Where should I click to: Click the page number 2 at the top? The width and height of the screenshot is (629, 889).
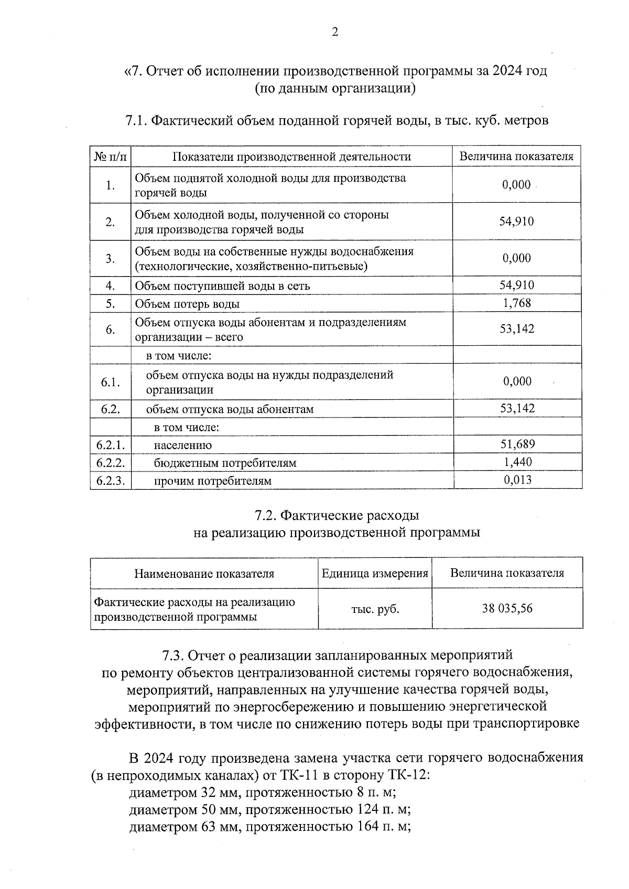click(334, 32)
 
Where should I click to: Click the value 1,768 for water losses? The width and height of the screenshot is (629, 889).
click(517, 303)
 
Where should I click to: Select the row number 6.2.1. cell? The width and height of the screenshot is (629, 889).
click(110, 445)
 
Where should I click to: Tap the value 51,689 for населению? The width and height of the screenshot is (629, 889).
click(517, 445)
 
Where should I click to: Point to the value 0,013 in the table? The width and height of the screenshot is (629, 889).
click(517, 480)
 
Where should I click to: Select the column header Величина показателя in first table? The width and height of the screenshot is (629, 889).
click(516, 156)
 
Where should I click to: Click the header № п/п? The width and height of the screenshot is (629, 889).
click(110, 156)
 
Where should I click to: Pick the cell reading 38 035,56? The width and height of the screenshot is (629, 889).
click(507, 608)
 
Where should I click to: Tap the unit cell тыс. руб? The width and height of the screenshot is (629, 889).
click(375, 609)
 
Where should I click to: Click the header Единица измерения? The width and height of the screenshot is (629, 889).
click(375, 573)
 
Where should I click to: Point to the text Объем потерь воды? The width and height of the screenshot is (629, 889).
click(188, 304)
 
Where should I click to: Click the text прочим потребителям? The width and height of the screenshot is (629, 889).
click(212, 481)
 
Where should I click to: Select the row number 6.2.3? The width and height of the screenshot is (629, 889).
click(110, 480)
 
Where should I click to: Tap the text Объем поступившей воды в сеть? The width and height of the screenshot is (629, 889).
click(222, 286)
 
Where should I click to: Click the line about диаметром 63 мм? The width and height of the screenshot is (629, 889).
click(269, 827)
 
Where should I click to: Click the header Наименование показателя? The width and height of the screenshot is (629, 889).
click(204, 574)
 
